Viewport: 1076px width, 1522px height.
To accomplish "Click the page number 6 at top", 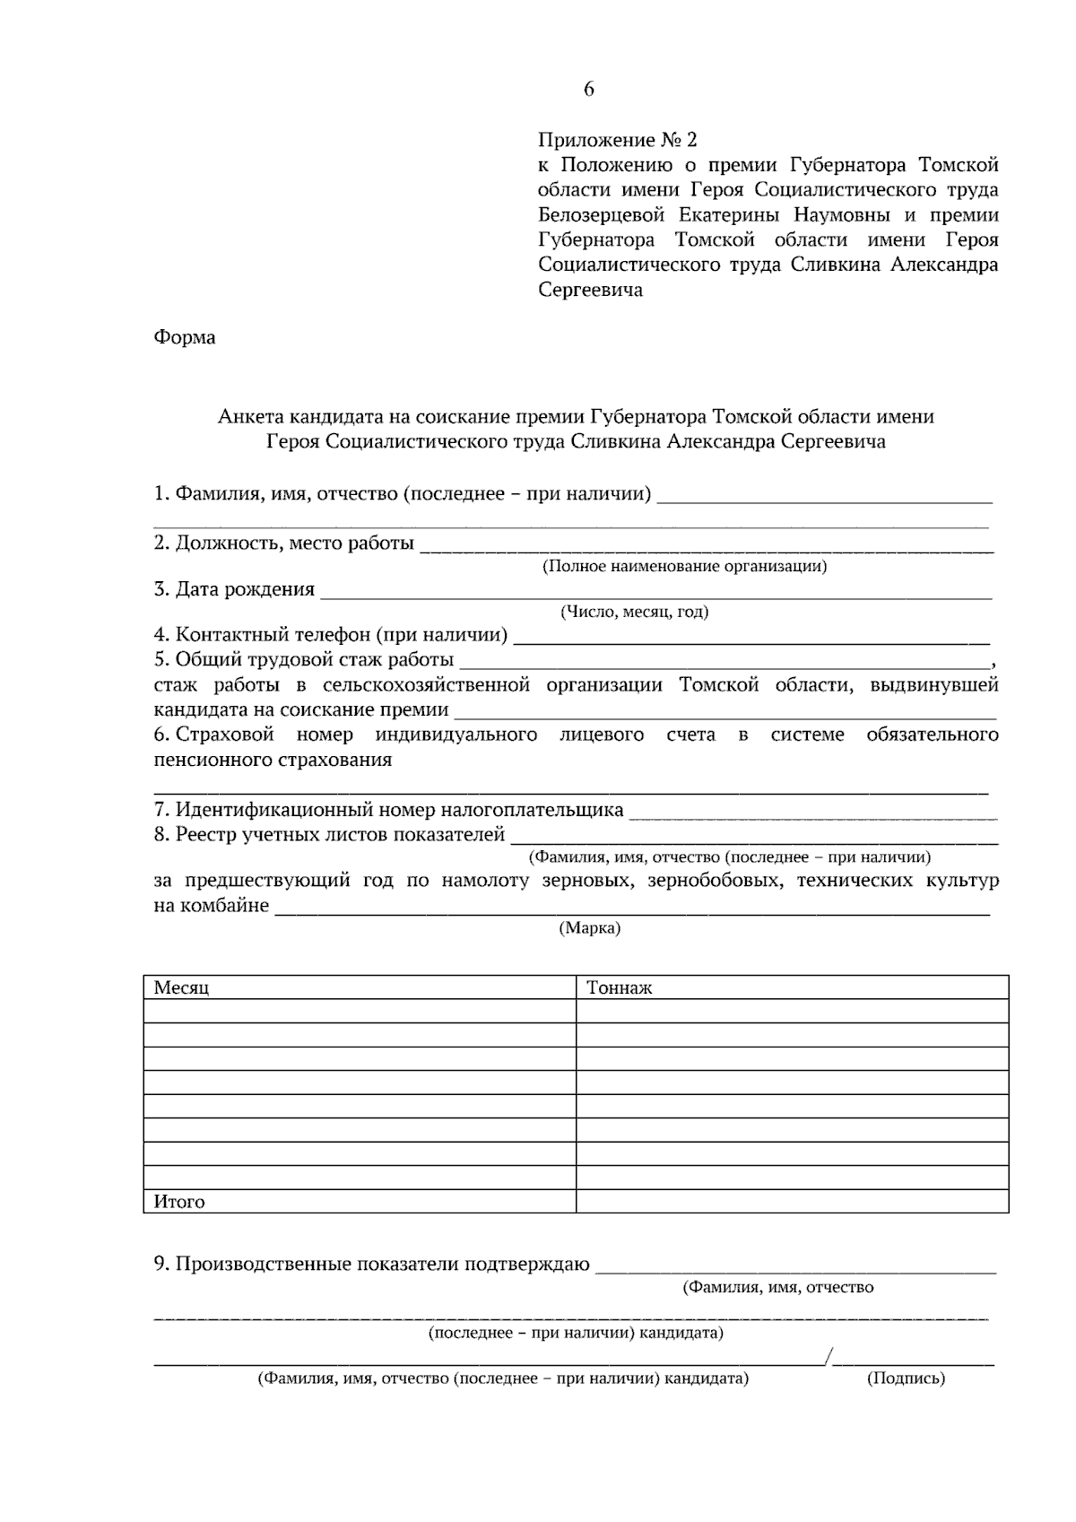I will [588, 89].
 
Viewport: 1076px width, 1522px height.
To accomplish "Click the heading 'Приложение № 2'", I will [616, 140].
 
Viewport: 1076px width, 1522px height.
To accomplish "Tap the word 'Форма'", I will [185, 338].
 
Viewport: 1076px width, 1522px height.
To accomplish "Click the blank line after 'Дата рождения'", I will [655, 592].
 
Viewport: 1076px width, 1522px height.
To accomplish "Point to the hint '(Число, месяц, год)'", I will [634, 613].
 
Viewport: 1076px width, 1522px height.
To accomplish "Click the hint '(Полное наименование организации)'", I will [685, 567].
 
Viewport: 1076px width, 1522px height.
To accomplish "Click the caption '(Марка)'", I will [589, 928].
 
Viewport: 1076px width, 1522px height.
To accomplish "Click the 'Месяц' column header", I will [181, 988].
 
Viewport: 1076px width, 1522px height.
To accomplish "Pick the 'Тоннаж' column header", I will [619, 988].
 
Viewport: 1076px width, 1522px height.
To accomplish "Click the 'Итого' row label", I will [179, 1202].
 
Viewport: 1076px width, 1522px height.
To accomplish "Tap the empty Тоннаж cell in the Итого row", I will [791, 1202].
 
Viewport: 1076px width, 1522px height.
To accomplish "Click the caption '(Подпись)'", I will [906, 1378].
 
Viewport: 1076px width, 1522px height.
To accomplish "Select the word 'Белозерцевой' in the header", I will [602, 215].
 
